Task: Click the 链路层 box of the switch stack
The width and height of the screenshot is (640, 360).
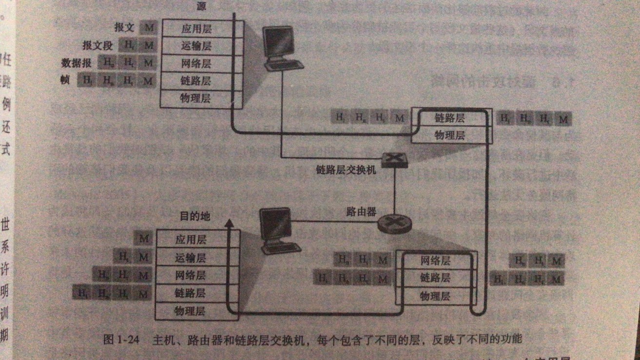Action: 449,118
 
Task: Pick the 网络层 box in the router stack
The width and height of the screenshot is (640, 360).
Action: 435,261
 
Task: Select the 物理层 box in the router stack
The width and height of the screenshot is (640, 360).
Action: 435,296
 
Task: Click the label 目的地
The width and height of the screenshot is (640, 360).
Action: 194,216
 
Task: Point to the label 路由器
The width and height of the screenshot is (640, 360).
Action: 361,213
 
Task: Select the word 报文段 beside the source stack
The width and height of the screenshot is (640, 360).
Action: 97,46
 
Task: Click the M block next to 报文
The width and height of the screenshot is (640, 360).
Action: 148,27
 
